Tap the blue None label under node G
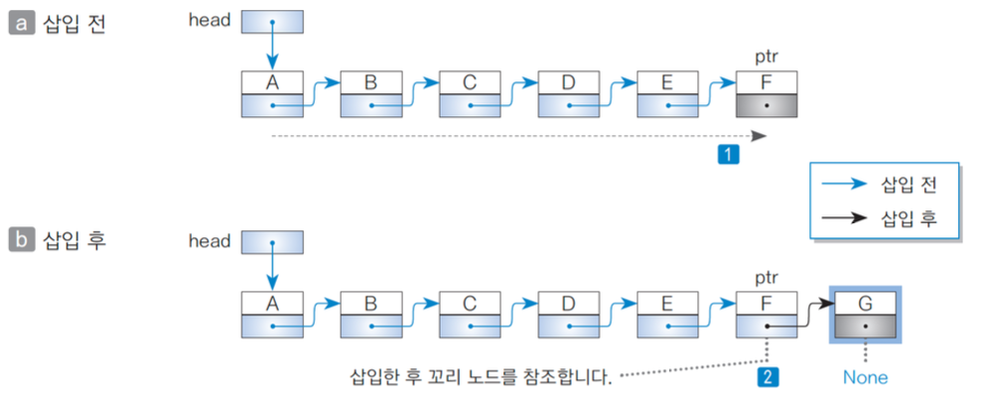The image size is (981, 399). point(865,377)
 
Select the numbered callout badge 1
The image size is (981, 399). point(730,154)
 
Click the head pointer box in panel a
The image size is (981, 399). point(272,21)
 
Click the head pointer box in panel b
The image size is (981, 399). point(272,241)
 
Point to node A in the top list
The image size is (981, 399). point(272,93)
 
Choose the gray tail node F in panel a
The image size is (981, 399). point(767,93)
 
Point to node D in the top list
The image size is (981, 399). point(568,93)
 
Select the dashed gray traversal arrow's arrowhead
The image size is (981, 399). point(760,135)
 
